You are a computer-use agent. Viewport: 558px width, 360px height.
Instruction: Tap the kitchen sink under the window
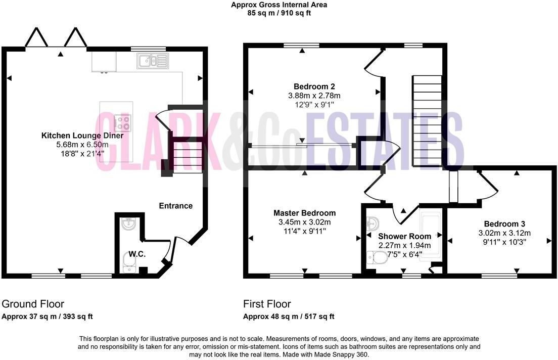pyautogui.click(x=152, y=62)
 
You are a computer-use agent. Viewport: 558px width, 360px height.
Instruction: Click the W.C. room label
pyautogui.click(x=136, y=254)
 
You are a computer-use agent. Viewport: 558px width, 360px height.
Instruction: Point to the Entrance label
pyautogui.click(x=176, y=206)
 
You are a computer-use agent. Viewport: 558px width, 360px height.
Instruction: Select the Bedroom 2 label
pyautogui.click(x=314, y=86)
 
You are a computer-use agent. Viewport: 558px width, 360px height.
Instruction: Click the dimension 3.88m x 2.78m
pyautogui.click(x=314, y=95)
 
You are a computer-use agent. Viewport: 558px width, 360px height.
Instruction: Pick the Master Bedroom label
pyautogui.click(x=304, y=213)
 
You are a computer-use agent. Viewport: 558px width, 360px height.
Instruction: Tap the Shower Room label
pyautogui.click(x=404, y=236)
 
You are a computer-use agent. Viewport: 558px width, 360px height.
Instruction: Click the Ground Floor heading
pyautogui.click(x=33, y=304)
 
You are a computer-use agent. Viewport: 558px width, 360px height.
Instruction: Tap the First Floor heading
pyautogui.click(x=267, y=304)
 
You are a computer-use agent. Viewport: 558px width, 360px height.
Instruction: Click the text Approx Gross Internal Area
pyautogui.click(x=278, y=5)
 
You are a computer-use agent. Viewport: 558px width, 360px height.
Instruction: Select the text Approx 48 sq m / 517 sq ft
pyautogui.click(x=289, y=317)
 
